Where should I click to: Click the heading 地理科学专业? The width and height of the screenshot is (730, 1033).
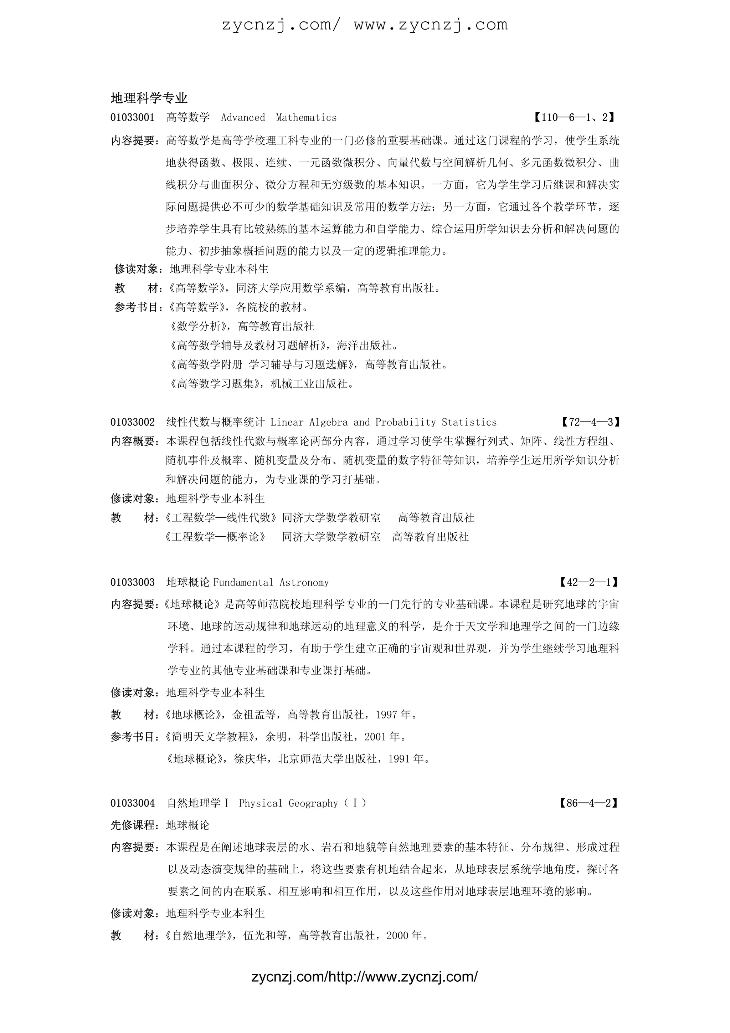(149, 98)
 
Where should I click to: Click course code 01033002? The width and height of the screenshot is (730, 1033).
(132, 423)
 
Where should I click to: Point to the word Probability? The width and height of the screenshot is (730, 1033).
(405, 423)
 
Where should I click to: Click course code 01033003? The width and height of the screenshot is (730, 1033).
(132, 583)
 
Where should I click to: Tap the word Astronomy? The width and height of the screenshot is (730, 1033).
(304, 583)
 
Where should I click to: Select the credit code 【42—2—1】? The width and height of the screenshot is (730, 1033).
(588, 583)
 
